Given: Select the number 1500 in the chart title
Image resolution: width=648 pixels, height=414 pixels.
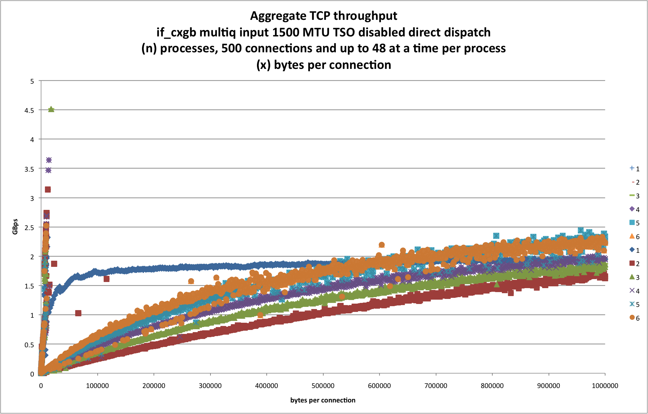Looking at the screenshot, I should coord(286,32).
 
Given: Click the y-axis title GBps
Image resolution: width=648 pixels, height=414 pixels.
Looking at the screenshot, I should coord(15,227).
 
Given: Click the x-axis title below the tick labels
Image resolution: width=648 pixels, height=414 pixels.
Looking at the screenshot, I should coord(323,400).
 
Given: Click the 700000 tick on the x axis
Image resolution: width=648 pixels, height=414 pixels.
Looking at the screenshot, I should coord(436,386).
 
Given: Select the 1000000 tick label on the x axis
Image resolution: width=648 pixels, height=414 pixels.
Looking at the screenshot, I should coord(605,386).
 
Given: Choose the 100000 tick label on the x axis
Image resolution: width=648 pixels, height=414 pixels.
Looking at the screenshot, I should coord(97,386).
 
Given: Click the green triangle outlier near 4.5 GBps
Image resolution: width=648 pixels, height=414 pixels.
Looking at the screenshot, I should coord(51,109).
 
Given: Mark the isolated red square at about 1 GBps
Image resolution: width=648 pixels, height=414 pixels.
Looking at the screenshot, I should coord(78,313).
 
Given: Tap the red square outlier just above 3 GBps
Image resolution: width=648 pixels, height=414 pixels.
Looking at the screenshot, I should coord(48,190).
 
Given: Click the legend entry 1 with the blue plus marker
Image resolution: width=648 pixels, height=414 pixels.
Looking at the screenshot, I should coord(635,169).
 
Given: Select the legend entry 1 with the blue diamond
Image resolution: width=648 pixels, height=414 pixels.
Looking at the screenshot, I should coord(635,250).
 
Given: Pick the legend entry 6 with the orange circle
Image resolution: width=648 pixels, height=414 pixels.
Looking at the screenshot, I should coord(635,318).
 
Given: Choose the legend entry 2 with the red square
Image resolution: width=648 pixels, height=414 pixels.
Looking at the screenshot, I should coord(635,264).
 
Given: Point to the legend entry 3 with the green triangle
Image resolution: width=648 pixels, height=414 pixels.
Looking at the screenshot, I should coord(635,277).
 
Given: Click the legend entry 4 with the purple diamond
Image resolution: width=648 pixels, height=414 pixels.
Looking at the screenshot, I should coord(635,210).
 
